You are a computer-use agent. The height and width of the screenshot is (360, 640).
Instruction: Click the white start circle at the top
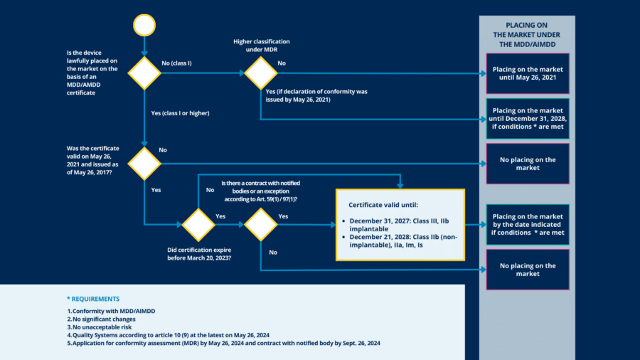coord(144,26)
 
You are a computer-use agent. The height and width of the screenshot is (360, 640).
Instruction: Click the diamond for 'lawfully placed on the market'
coord(144,73)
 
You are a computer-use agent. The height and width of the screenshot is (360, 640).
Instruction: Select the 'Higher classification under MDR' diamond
coord(261,73)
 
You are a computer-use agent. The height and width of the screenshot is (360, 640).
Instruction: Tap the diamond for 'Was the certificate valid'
coord(144,164)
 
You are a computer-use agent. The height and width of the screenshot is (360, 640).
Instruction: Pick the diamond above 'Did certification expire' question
coord(198,225)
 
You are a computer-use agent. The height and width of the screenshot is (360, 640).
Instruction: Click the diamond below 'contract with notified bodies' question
coord(261,225)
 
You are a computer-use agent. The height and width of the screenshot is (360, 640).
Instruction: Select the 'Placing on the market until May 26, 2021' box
coord(528,74)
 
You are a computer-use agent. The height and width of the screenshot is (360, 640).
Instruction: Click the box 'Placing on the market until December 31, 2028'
coord(528,119)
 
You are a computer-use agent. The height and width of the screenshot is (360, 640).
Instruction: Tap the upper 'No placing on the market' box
coord(528,164)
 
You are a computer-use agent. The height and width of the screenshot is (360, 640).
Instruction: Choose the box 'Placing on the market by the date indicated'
coord(528,225)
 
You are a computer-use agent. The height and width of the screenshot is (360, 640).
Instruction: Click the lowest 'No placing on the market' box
coord(528,270)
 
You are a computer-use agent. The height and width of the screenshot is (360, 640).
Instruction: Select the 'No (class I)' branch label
coord(177,63)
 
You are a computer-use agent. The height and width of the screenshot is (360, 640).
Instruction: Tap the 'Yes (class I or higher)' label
coord(181,113)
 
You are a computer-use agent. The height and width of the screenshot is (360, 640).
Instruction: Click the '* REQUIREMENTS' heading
coord(93,299)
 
